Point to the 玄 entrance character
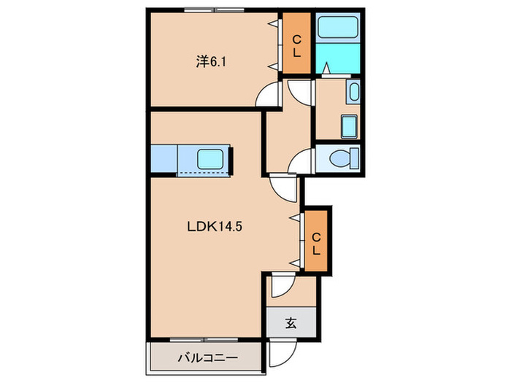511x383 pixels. pos(291,323)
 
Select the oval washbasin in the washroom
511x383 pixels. pos(353,93)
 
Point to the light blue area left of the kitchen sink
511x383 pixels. pos(164,158)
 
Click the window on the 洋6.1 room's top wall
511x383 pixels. pos(213,11)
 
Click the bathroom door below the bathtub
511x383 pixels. pos(328,69)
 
